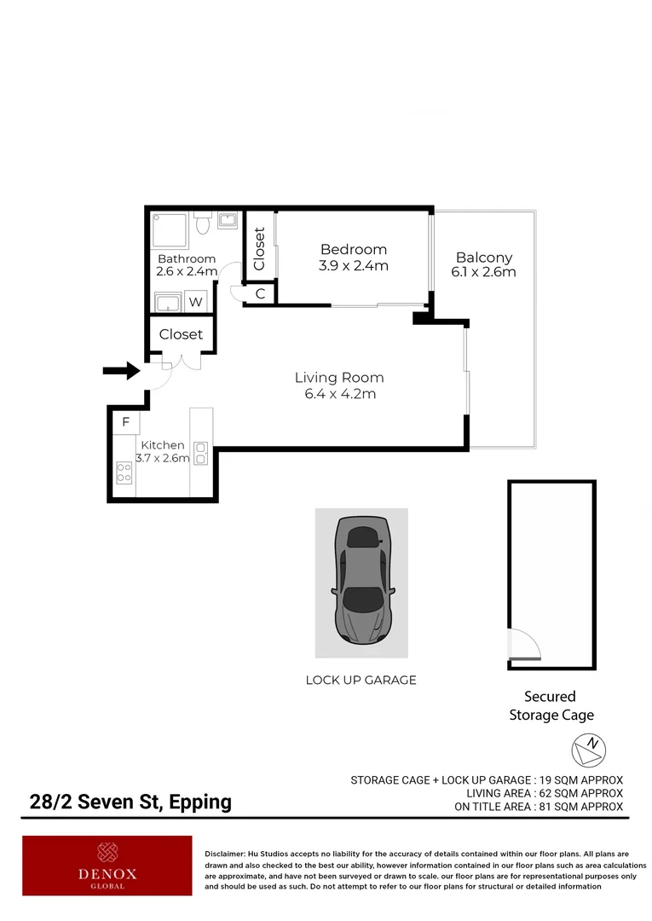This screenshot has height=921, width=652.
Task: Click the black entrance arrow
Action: pos(121,370)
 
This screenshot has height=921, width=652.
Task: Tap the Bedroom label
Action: pos(353,250)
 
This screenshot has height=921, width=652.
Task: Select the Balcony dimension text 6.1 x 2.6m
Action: pos(483,273)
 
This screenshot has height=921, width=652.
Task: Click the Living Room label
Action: pos(338,378)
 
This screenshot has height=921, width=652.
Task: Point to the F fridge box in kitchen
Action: pos(125,422)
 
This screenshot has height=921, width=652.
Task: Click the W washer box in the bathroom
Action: pos(195,301)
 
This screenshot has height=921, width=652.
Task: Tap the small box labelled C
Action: pos(260,294)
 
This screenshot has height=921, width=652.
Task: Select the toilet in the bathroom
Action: pos(202,224)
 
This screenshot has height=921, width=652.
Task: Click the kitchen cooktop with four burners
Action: pos(124,472)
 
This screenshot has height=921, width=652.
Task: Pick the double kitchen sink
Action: pos(201,453)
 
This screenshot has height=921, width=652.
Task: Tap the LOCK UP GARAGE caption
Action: pos(361,680)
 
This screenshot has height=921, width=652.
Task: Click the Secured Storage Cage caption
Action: pos(551,706)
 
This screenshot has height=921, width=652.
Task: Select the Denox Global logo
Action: pos(107,865)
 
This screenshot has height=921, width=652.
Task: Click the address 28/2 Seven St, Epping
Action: pos(130,802)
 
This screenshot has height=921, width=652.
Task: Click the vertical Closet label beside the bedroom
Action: pos(260,248)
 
